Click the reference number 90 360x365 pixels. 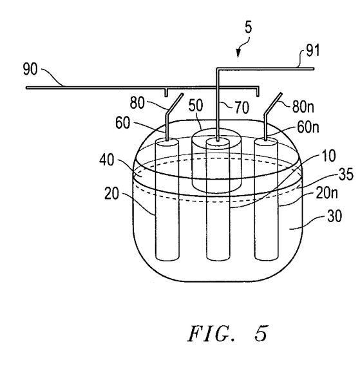click(x=30, y=69)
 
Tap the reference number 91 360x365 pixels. click(x=313, y=51)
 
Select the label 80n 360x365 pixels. click(x=303, y=107)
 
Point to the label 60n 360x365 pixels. click(x=308, y=127)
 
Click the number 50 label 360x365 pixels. click(x=196, y=105)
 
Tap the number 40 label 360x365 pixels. click(x=107, y=160)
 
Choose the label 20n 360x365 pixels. click(x=327, y=193)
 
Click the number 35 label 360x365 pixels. click(x=346, y=174)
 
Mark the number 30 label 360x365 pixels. click(x=334, y=216)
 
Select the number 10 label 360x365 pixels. click(x=328, y=156)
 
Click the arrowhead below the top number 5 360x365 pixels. click(x=238, y=54)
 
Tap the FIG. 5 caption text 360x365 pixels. click(x=227, y=333)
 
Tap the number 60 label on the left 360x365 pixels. click(x=122, y=123)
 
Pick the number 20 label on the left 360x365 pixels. click(x=111, y=193)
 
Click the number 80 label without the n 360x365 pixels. click(x=137, y=102)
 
